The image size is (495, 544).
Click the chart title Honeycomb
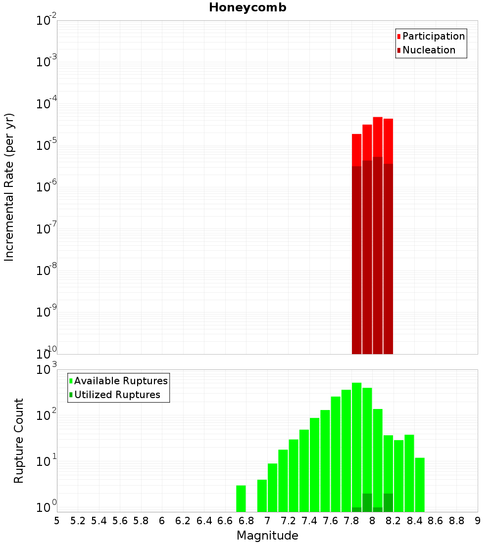click(247, 7)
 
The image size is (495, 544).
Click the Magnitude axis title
click(267, 536)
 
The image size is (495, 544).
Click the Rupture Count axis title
click(19, 441)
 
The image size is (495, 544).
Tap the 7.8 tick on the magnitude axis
click(351, 521)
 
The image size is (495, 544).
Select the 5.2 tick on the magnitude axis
click(78, 521)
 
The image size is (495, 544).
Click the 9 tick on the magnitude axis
click(478, 521)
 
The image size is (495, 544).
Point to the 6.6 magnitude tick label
click(225, 521)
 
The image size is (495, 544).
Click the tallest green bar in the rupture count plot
click(356, 445)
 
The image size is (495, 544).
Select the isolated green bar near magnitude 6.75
click(241, 499)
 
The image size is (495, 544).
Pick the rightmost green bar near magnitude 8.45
click(420, 485)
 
